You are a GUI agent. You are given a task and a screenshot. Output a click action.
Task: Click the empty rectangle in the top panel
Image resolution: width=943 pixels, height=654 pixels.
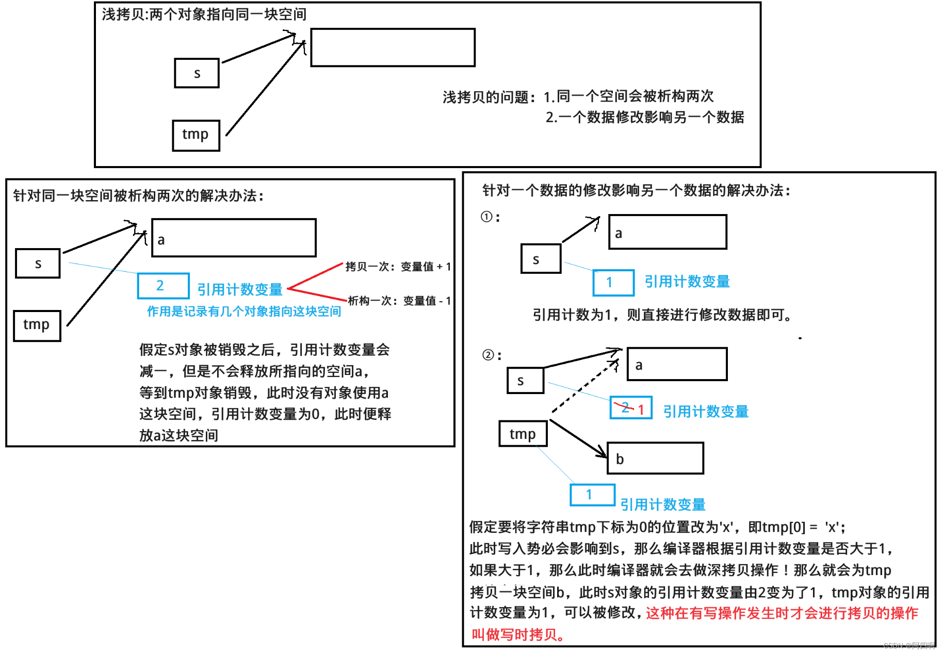393,47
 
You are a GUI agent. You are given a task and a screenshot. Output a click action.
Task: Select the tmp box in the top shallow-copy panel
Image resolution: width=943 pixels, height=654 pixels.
196,135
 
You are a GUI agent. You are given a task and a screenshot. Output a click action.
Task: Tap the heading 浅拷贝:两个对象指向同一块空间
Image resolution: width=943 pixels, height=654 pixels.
204,14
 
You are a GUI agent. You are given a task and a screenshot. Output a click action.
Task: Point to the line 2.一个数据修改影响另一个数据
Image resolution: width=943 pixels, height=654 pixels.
645,118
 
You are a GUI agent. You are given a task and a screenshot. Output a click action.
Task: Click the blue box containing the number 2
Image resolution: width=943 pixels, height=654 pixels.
163,286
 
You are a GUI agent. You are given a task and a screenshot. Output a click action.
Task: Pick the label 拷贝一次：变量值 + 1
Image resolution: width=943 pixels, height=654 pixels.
398,267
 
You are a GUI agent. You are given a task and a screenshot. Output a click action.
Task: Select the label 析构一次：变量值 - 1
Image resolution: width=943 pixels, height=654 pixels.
399,301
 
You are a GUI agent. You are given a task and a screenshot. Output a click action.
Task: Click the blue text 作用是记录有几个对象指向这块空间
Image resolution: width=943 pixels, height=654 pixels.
244,312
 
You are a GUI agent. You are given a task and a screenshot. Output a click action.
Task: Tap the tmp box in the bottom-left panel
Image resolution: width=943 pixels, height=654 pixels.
37,325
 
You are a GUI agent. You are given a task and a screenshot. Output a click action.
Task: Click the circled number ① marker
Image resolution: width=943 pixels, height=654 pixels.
486,217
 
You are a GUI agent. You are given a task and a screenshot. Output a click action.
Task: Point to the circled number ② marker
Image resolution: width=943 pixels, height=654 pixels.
488,355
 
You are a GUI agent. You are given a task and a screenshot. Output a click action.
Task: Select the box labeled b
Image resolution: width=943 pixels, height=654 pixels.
655,458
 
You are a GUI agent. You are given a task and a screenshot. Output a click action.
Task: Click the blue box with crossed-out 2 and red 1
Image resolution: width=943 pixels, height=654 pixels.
631,408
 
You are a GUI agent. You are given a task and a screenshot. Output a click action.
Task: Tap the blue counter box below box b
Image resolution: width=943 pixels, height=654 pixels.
592,495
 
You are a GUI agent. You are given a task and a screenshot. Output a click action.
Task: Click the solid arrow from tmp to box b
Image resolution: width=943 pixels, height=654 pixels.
578,438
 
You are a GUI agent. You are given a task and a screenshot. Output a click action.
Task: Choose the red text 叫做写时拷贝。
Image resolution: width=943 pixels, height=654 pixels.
517,634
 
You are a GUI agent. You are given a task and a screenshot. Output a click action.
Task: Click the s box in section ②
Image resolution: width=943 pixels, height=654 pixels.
525,381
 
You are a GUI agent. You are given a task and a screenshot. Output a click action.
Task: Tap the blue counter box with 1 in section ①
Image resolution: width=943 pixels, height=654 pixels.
613,283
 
